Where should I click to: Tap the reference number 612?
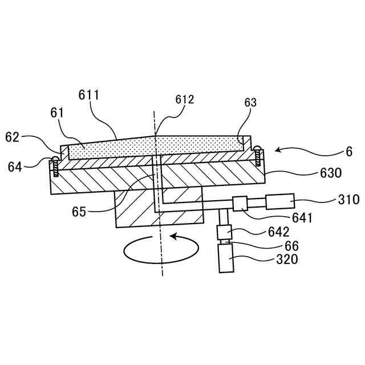[x=185, y=99]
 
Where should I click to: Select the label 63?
[x=250, y=103]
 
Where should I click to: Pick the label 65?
[x=80, y=212]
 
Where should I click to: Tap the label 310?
[x=347, y=200]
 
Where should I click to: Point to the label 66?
[x=291, y=246]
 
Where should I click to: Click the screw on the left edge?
[x=55, y=165]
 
